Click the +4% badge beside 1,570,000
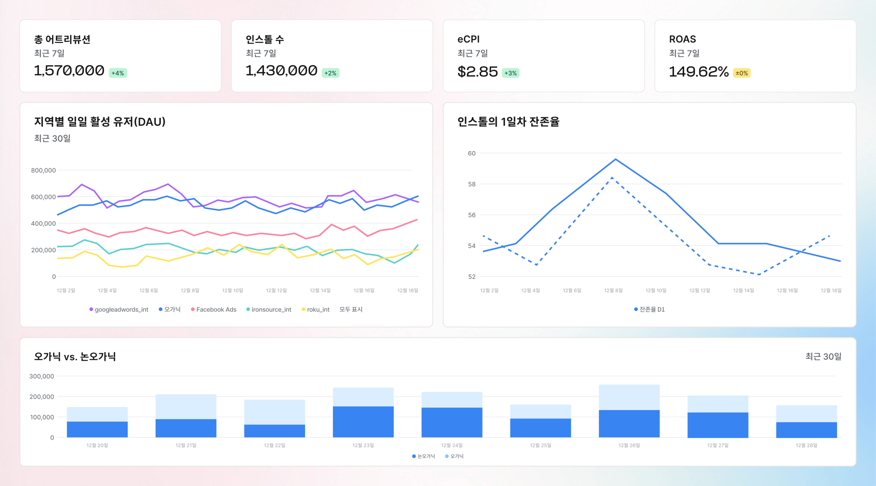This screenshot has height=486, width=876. tap(118, 73)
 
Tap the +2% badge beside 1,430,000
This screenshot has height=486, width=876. tap(330, 73)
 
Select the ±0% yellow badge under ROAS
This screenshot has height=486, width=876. tap(742, 73)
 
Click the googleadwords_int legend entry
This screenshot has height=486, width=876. tap(119, 309)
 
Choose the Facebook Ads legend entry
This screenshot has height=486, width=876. tap(214, 309)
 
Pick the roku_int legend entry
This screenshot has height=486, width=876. tap(315, 309)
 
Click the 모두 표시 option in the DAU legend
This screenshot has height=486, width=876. tap(351, 309)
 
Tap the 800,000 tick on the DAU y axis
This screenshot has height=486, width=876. tap(43, 170)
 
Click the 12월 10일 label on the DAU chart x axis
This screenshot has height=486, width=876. tap(232, 291)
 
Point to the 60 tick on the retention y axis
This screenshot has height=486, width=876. tap(472, 153)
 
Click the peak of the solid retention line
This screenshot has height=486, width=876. tap(615, 159)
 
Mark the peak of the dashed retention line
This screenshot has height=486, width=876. tap(612, 178)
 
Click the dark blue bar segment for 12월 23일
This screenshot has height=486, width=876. tap(363, 422)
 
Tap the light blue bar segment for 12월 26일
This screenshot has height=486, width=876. tap(629, 397)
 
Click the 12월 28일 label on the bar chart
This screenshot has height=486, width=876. tap(806, 445)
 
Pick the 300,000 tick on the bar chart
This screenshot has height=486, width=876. tap(41, 376)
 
